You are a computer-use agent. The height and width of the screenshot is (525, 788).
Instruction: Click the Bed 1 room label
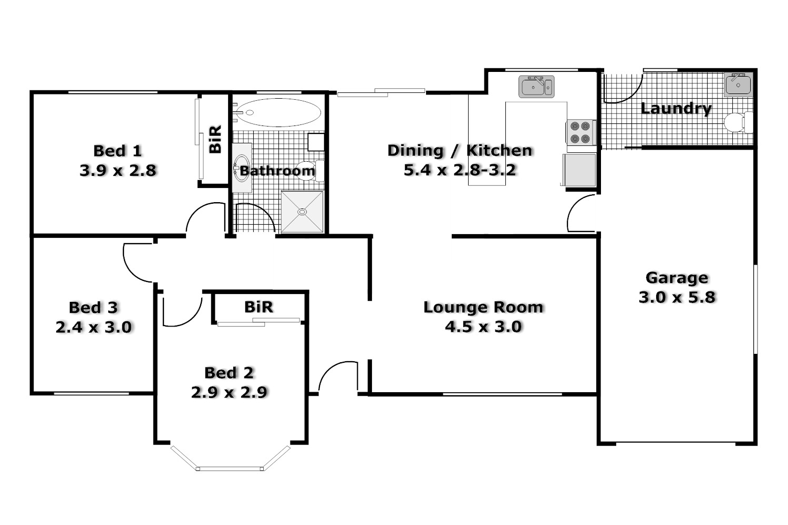coord(118,151)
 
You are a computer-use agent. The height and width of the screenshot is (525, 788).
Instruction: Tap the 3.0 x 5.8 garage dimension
coord(677,297)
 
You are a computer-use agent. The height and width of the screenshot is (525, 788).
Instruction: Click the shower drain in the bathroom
coord(302,212)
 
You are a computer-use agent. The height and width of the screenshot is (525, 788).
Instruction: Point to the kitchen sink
coord(536,87)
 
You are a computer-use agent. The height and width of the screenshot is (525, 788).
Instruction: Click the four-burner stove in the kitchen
coord(580,132)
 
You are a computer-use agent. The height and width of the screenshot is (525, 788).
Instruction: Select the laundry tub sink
coord(738,85)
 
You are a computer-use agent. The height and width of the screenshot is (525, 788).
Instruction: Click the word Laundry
coord(676,109)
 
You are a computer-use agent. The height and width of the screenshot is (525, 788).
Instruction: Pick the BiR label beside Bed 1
coord(215,139)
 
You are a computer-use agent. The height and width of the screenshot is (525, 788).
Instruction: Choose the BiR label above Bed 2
coord(258,307)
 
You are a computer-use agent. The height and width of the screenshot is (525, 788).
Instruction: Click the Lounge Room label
coord(483,307)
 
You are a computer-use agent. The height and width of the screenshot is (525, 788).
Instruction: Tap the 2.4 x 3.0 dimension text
coord(94,328)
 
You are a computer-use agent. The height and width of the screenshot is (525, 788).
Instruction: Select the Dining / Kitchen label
coord(460,151)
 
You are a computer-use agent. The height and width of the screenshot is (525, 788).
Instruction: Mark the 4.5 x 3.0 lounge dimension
coord(483,327)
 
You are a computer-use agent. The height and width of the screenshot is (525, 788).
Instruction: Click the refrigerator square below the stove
coord(580,170)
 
